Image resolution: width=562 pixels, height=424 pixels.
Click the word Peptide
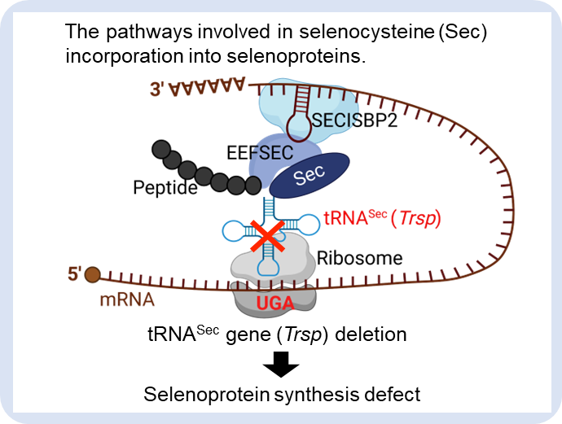point(165,189)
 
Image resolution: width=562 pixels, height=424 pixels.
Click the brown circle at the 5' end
point(93,275)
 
